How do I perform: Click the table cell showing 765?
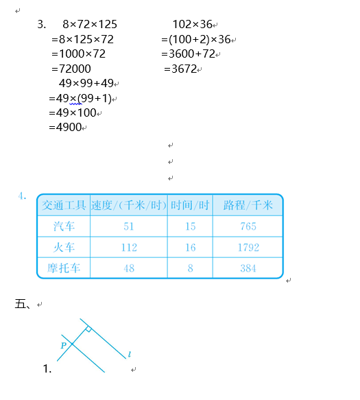248,226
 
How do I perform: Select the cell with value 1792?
249,248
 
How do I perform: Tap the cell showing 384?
248,268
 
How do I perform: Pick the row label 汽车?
64,226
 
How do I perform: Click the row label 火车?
64,248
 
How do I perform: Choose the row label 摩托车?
64,268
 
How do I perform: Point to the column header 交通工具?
64,205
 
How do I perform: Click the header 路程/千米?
248,205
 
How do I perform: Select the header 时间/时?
190,205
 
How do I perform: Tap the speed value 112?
128,248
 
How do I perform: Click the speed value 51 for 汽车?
128,226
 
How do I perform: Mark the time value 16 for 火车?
190,248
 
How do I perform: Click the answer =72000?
71,69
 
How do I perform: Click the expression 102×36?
193,24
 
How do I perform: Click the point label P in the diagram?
64,345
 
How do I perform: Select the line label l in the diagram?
129,355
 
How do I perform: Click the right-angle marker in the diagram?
88,330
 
